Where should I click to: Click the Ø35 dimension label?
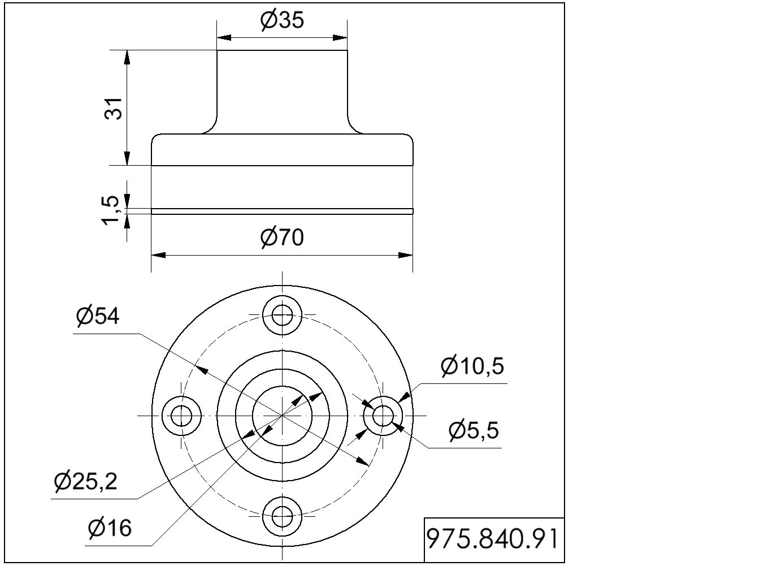point(282,20)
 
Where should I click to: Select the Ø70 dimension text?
point(282,237)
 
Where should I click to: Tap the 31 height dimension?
point(114,109)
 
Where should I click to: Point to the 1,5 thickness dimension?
point(111,210)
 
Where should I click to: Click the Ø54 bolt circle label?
point(98,316)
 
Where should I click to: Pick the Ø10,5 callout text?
point(472,366)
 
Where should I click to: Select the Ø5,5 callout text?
point(474,430)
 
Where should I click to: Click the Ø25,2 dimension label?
point(86,481)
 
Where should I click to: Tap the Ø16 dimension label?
point(110,528)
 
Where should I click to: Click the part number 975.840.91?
point(492,539)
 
